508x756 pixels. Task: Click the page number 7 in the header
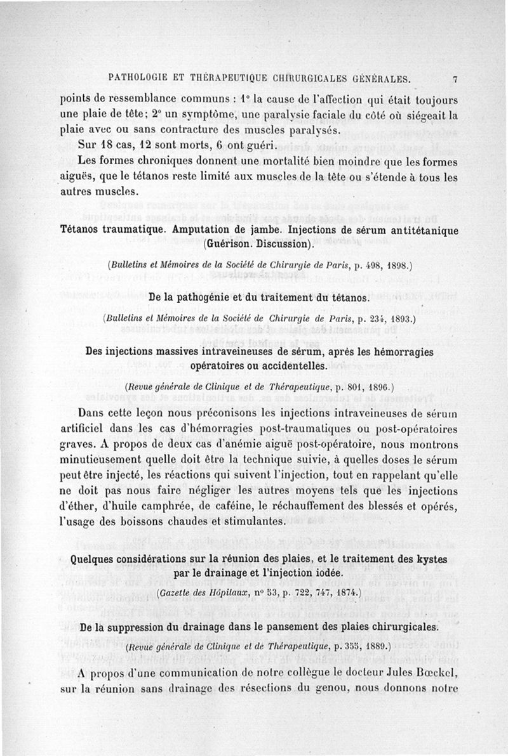point(455,80)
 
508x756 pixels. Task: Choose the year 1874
point(345,594)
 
